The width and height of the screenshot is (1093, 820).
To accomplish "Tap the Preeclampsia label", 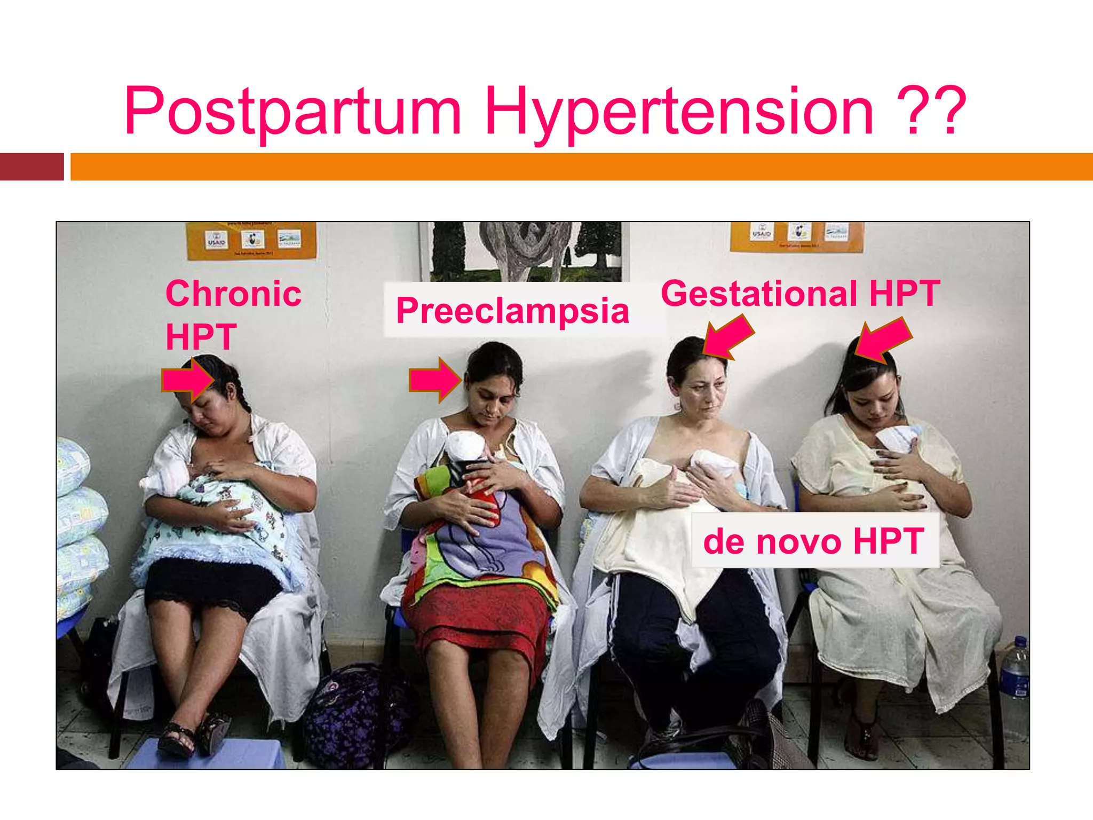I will (512, 310).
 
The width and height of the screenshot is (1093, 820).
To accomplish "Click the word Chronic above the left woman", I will (233, 294).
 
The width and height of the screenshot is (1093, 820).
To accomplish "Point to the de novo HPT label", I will (814, 541).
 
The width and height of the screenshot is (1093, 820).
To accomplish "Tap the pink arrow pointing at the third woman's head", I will (728, 336).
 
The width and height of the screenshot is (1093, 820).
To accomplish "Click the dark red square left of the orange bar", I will (32, 167).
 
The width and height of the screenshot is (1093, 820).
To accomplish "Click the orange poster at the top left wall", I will (251, 240).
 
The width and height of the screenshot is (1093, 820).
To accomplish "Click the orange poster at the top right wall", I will (796, 236).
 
